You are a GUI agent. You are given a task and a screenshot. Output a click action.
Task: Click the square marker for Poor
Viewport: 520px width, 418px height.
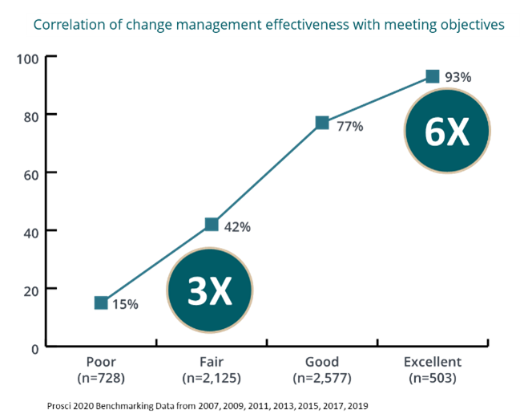coord(101,302)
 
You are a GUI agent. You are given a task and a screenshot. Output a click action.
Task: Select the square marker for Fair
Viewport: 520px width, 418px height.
coord(212,224)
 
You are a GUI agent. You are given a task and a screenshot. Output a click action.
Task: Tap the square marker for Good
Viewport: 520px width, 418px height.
coord(322,122)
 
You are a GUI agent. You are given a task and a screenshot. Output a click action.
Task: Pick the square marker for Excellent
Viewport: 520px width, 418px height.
coord(433,76)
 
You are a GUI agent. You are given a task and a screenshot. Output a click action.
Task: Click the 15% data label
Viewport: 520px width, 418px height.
coord(125,305)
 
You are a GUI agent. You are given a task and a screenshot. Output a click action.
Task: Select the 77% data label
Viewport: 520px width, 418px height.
coord(349,126)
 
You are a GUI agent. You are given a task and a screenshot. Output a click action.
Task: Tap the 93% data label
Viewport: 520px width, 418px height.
coord(458,77)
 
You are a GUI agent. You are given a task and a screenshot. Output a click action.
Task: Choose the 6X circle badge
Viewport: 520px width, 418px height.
coord(446,132)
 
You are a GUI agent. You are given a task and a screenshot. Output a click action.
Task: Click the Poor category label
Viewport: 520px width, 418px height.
coord(101,362)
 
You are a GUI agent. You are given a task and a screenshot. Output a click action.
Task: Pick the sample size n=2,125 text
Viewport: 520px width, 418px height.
coord(212,377)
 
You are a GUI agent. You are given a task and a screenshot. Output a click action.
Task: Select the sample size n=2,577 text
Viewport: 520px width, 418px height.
coord(322,377)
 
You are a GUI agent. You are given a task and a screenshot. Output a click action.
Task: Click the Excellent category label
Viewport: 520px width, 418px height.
coord(433,362)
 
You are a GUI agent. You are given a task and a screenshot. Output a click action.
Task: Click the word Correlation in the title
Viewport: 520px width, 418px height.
coord(67,25)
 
